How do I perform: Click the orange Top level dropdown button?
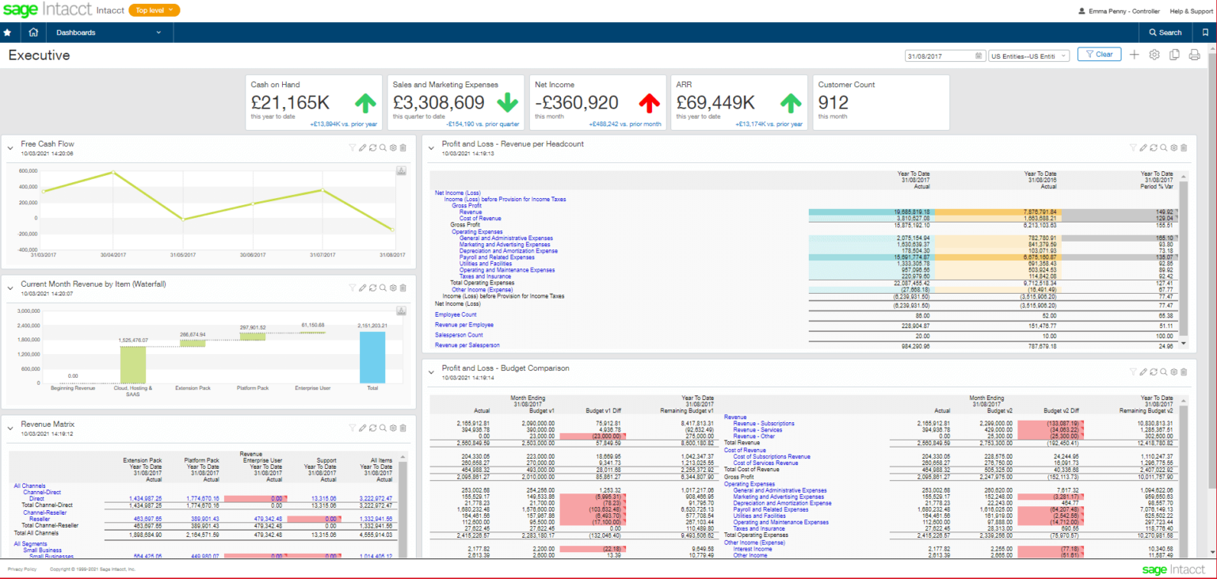pos(154,10)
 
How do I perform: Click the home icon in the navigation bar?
pos(33,32)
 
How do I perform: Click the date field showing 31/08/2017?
pos(944,55)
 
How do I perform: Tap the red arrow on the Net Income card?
pos(650,102)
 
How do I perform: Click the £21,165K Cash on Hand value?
pos(290,102)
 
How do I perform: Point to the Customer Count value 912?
pos(833,102)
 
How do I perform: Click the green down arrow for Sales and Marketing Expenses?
pos(508,102)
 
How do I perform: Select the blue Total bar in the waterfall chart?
pos(372,356)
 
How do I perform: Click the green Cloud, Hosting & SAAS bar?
pos(133,364)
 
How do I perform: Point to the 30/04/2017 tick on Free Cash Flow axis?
pos(113,254)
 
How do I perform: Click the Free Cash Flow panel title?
pos(48,144)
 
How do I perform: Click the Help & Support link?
pos(1191,11)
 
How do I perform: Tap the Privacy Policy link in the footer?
pos(22,569)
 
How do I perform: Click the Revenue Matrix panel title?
pos(48,425)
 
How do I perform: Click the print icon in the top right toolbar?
pos(1194,55)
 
